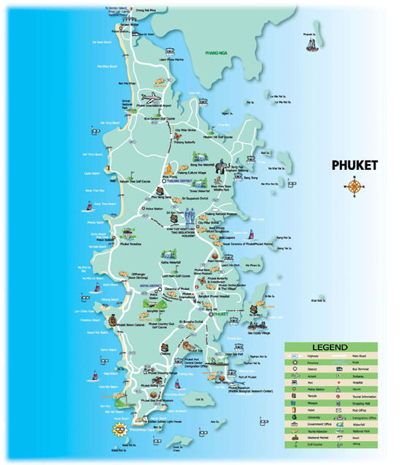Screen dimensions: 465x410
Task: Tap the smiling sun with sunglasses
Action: click(116, 428)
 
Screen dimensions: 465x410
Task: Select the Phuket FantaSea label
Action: click(130, 245)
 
